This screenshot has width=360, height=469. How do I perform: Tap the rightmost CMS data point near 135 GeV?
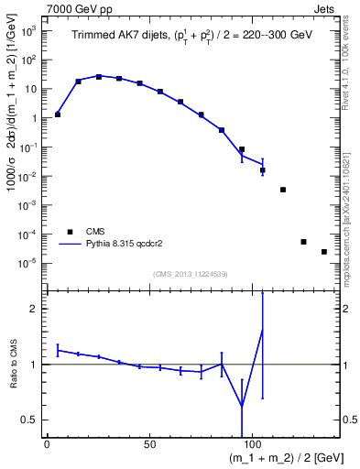point(324,252)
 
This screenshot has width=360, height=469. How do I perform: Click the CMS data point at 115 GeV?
point(283,190)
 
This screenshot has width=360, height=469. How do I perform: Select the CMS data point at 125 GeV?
point(303,242)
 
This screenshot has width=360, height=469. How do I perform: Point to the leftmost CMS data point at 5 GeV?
point(58,115)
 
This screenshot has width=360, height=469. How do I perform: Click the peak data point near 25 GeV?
point(99,77)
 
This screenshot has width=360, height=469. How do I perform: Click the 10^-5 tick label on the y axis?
point(27,263)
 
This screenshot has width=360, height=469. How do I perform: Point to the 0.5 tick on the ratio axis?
point(29,420)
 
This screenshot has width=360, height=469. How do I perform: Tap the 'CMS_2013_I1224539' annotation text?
point(190,274)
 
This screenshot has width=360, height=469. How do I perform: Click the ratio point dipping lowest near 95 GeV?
point(242,406)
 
